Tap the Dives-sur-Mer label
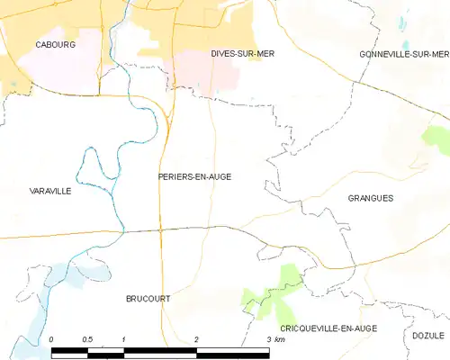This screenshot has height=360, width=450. [x=243, y=54]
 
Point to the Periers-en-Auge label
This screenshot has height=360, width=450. [x=194, y=177]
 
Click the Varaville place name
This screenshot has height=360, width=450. [x=50, y=191]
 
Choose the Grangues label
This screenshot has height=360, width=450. [x=370, y=198]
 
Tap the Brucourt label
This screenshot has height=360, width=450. [x=148, y=298]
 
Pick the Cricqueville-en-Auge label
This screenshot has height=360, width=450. [x=328, y=328]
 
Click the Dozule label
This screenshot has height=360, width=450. [x=428, y=335]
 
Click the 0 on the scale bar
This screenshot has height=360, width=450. [x=51, y=338]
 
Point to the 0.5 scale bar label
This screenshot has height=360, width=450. [x=86, y=338]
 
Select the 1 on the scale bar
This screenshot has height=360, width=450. [x=123, y=338]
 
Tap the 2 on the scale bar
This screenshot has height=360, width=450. [x=196, y=338]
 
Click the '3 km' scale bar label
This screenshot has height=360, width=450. [x=274, y=338]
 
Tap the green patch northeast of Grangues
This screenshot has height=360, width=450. [x=436, y=139]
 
